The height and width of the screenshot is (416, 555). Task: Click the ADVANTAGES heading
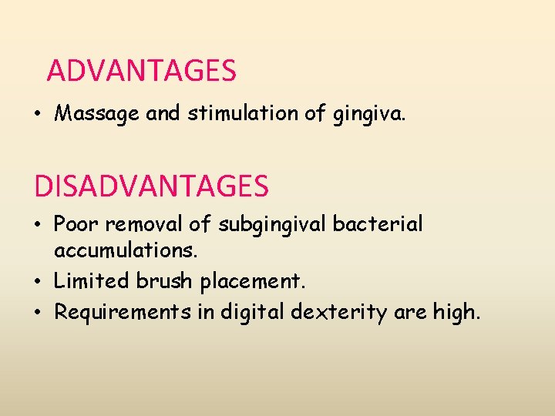(x=141, y=72)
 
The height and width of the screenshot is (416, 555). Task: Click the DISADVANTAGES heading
(x=151, y=186)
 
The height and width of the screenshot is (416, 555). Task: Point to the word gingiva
(x=375, y=115)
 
